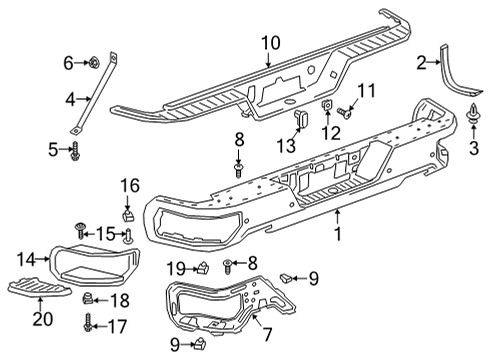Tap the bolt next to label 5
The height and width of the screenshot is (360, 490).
(75, 151)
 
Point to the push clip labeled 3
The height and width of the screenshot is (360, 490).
(469, 122)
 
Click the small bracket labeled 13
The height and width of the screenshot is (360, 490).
(298, 122)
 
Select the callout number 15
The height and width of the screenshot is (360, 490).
(103, 233)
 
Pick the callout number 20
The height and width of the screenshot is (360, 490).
(39, 320)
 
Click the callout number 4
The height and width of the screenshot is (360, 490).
(70, 98)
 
